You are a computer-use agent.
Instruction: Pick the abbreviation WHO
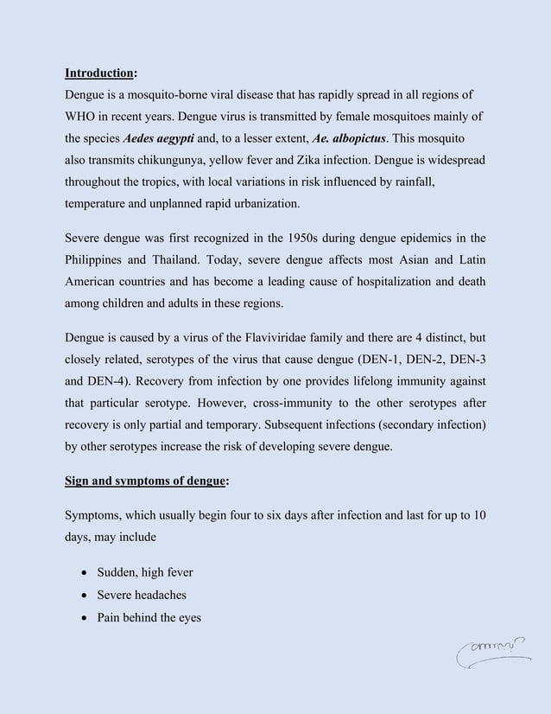[x=84, y=116]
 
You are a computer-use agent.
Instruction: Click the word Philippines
[x=99, y=261]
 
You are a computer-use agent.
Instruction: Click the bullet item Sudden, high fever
[x=145, y=572]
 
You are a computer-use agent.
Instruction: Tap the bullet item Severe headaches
[x=142, y=595]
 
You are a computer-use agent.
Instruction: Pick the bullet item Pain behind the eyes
[x=149, y=617]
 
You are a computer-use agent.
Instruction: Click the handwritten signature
[x=493, y=655]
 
